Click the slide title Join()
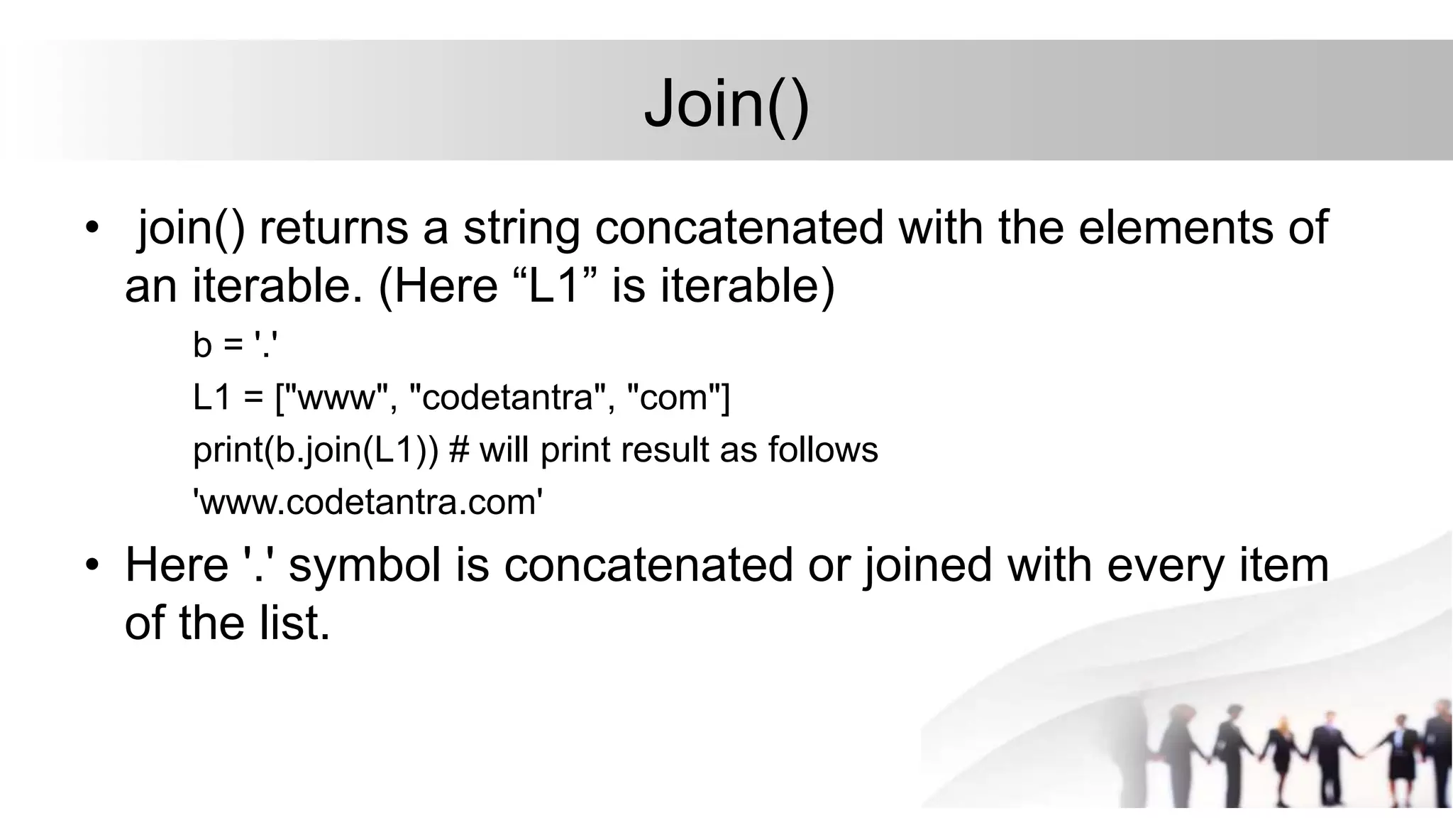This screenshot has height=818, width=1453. (726, 105)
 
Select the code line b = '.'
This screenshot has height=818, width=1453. (234, 345)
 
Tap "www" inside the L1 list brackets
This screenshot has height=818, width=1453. (336, 397)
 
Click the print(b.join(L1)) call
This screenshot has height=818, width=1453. (316, 450)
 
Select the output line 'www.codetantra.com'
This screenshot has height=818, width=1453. (368, 503)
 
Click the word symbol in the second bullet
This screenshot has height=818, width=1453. (365, 566)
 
